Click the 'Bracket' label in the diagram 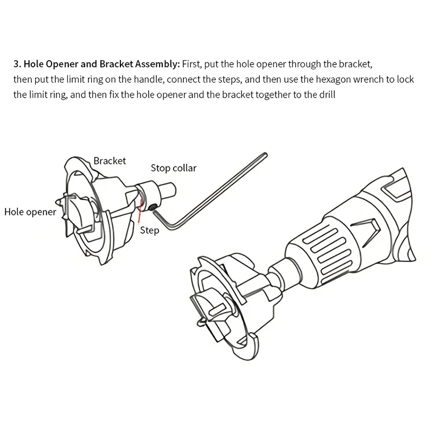[x=110, y=161]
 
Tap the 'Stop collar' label [x=174, y=168]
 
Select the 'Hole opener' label [x=30, y=212]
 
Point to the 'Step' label [x=150, y=231]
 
